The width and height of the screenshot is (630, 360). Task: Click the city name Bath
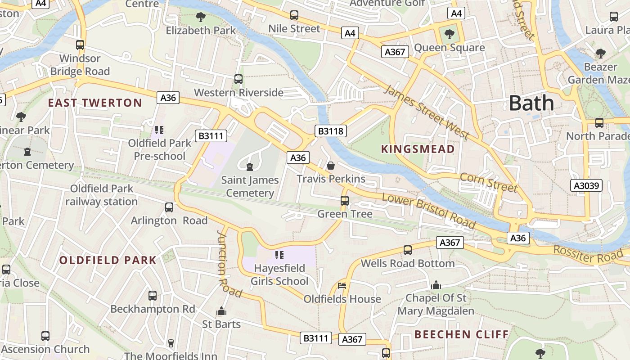(x=531, y=103)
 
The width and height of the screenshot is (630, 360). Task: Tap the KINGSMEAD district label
(x=418, y=149)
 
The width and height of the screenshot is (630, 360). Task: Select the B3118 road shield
(x=331, y=131)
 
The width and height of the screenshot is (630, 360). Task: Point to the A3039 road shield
(x=587, y=185)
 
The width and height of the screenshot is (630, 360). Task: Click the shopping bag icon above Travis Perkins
(x=331, y=166)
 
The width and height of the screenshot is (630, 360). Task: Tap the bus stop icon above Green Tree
(x=345, y=201)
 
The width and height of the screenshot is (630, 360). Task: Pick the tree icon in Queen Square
(x=449, y=34)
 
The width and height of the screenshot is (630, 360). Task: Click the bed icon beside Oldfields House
(x=342, y=285)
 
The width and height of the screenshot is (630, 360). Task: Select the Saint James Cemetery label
(x=250, y=186)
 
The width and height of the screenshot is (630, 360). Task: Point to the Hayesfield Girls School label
(x=279, y=274)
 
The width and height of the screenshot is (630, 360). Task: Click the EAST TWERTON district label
(x=95, y=103)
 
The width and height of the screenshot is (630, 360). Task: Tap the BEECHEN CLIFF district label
(x=461, y=334)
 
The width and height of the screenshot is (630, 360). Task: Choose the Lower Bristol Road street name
(x=428, y=211)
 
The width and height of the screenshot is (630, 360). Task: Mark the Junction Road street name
(x=229, y=264)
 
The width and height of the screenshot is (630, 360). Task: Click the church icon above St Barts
(x=221, y=311)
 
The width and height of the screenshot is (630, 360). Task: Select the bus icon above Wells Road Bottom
(x=408, y=250)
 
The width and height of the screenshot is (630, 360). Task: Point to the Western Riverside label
(x=238, y=93)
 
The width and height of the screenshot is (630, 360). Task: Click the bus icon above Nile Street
(x=294, y=15)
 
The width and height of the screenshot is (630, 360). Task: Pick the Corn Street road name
(x=488, y=182)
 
